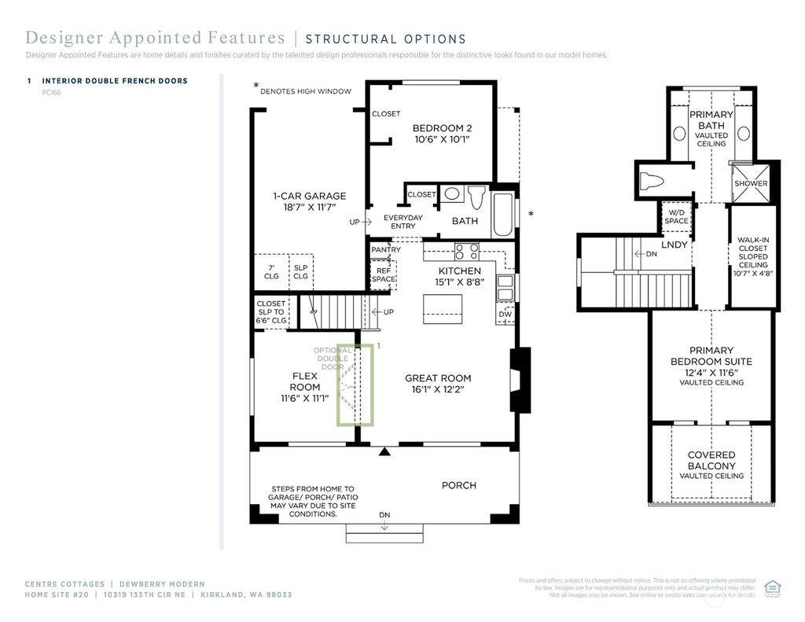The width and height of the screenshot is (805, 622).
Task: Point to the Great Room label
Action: click(x=438, y=383)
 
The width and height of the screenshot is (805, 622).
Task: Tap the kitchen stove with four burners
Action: click(x=468, y=252)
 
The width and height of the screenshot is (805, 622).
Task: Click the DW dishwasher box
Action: click(x=505, y=315)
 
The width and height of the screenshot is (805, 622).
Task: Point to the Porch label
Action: click(x=458, y=485)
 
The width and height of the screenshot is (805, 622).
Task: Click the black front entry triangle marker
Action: click(x=384, y=451)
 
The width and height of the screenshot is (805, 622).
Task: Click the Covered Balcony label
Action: click(x=711, y=465)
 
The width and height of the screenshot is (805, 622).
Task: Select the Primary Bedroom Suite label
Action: click(x=711, y=361)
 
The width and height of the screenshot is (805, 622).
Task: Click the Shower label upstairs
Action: click(x=751, y=183)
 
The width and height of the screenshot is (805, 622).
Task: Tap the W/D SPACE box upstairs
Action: click(x=676, y=216)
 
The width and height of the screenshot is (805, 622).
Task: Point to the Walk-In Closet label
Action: click(x=752, y=256)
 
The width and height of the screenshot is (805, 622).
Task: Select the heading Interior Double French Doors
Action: click(x=115, y=81)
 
